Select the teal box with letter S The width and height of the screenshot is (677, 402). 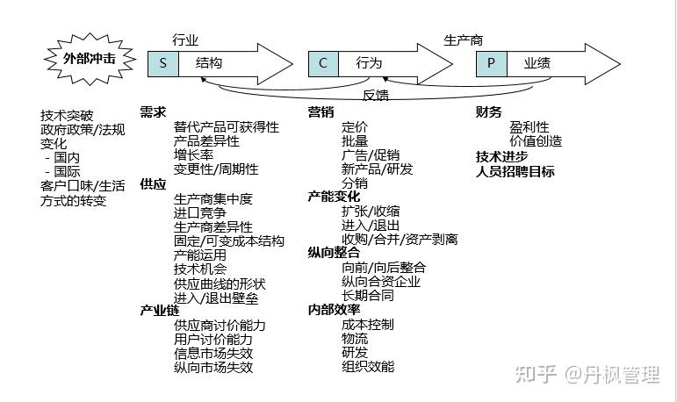pyautogui.click(x=163, y=63)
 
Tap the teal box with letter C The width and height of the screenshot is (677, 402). pyautogui.click(x=322, y=63)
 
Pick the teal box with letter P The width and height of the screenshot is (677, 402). pyautogui.click(x=491, y=63)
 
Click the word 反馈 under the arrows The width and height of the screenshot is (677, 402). pyautogui.click(x=376, y=95)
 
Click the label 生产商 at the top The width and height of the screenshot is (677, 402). pyautogui.click(x=464, y=40)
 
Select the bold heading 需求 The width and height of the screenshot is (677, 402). pyautogui.click(x=153, y=111)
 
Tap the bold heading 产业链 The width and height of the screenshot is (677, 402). pyautogui.click(x=159, y=311)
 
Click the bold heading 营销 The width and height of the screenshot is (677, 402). pyautogui.click(x=320, y=111)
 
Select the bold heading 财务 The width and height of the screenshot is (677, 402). pyautogui.click(x=489, y=111)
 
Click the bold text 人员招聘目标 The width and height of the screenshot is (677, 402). pyautogui.click(x=515, y=171)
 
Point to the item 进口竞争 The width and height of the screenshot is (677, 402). pyautogui.click(x=201, y=212)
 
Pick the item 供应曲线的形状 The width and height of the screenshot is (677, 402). pyautogui.click(x=220, y=284)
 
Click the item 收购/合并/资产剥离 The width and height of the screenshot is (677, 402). pyautogui.click(x=400, y=240)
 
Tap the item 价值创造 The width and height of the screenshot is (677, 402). pyautogui.click(x=536, y=140)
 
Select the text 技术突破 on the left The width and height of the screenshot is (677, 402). pyautogui.click(x=66, y=115)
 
